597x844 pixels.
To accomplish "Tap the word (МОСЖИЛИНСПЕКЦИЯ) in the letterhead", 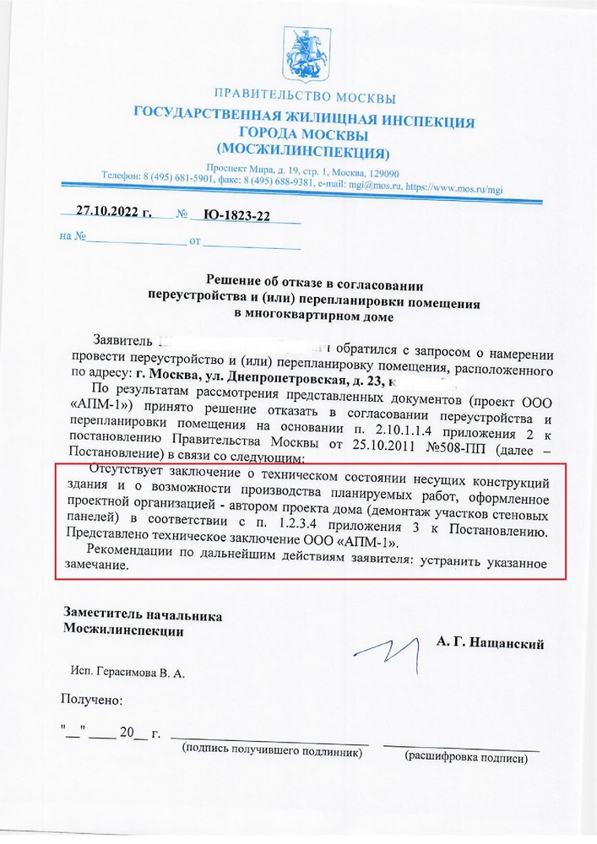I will [x=302, y=153].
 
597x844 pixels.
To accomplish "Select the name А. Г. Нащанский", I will [x=490, y=643].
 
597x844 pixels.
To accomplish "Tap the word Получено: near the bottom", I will [x=91, y=700].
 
